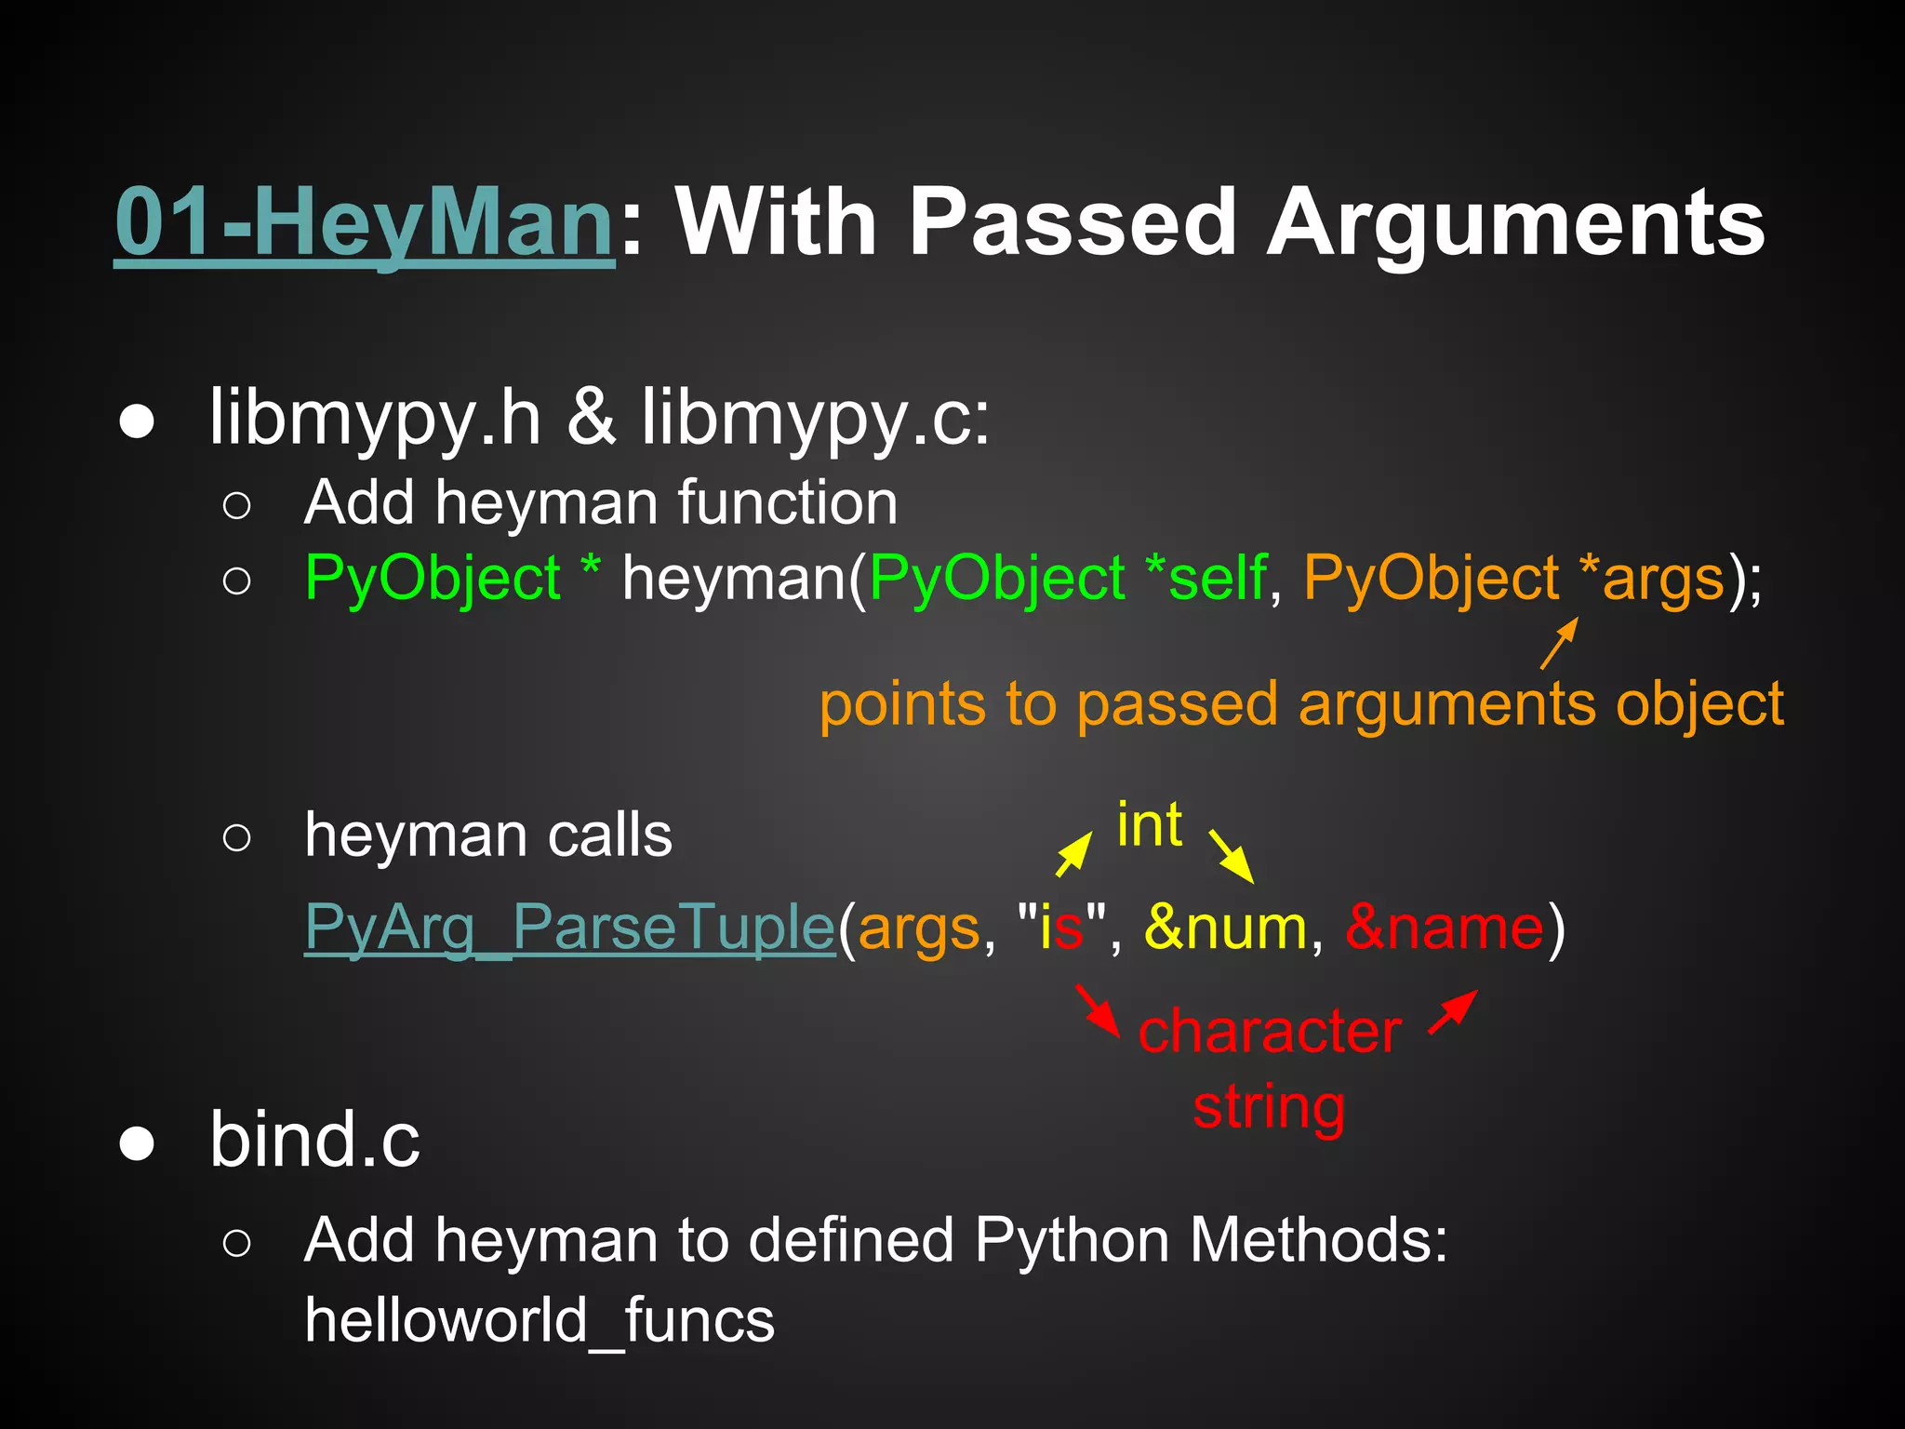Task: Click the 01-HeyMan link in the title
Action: (x=364, y=223)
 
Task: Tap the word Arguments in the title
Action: (x=1515, y=223)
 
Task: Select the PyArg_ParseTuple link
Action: (x=570, y=928)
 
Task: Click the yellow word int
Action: (x=1150, y=825)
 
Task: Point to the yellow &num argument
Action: (x=1225, y=928)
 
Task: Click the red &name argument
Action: (x=1445, y=928)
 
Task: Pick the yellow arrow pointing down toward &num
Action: (x=1231, y=856)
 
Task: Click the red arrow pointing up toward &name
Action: (x=1453, y=1011)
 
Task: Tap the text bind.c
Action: (x=314, y=1140)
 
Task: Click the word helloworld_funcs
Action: (x=540, y=1320)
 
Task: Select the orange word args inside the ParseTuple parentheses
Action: (x=919, y=928)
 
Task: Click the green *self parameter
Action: (x=1206, y=578)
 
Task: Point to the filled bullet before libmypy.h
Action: (x=137, y=421)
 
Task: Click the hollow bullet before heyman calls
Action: (x=237, y=837)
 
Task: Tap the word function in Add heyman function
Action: (x=787, y=503)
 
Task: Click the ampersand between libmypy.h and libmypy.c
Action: (x=592, y=418)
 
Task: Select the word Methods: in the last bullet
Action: (x=1319, y=1240)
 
